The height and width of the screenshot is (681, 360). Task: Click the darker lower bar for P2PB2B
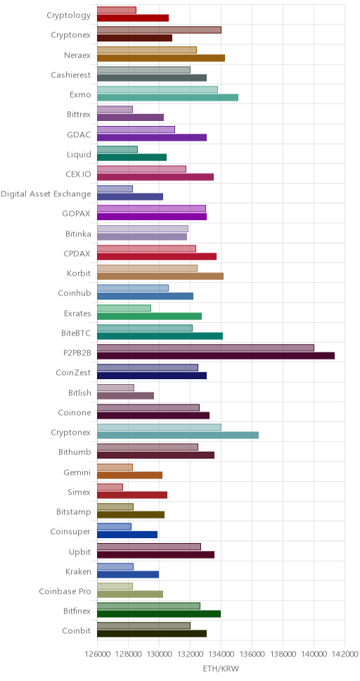[x=216, y=356]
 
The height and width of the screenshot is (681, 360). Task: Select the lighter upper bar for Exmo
[x=157, y=89]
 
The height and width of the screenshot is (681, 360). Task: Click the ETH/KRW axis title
[x=221, y=668]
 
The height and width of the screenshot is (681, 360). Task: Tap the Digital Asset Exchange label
[x=46, y=193]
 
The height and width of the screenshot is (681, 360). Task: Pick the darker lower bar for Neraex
[x=161, y=58]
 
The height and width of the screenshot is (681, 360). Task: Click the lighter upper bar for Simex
[x=110, y=488]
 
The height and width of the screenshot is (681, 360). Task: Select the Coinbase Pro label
[x=65, y=591]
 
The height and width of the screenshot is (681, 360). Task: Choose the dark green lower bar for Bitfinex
[x=159, y=614]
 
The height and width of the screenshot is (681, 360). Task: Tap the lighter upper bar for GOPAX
[x=152, y=208]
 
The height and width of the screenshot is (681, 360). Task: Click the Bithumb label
[x=75, y=452]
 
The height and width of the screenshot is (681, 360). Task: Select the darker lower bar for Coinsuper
[x=127, y=535]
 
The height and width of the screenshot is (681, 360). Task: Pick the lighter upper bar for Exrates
[x=124, y=308]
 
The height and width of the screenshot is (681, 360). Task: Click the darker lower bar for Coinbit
[x=152, y=634]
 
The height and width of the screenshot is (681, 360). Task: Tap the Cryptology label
[x=69, y=15]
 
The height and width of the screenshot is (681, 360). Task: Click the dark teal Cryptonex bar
[x=178, y=435]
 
